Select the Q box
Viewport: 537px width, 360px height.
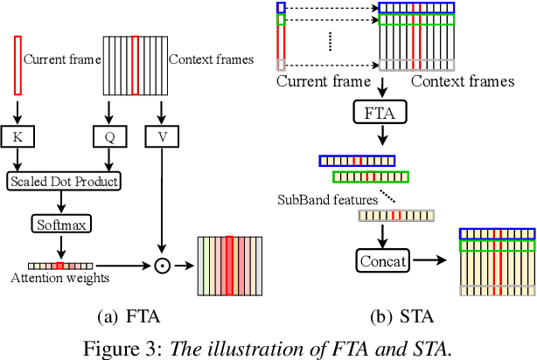(108, 136)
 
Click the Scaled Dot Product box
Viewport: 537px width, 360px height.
(63, 182)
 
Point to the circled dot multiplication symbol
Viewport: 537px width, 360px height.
(161, 265)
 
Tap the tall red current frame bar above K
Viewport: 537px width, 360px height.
(17, 65)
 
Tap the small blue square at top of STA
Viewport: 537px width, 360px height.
(281, 8)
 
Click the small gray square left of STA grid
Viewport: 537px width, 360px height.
(281, 65)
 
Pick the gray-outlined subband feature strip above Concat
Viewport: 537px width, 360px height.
(396, 215)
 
